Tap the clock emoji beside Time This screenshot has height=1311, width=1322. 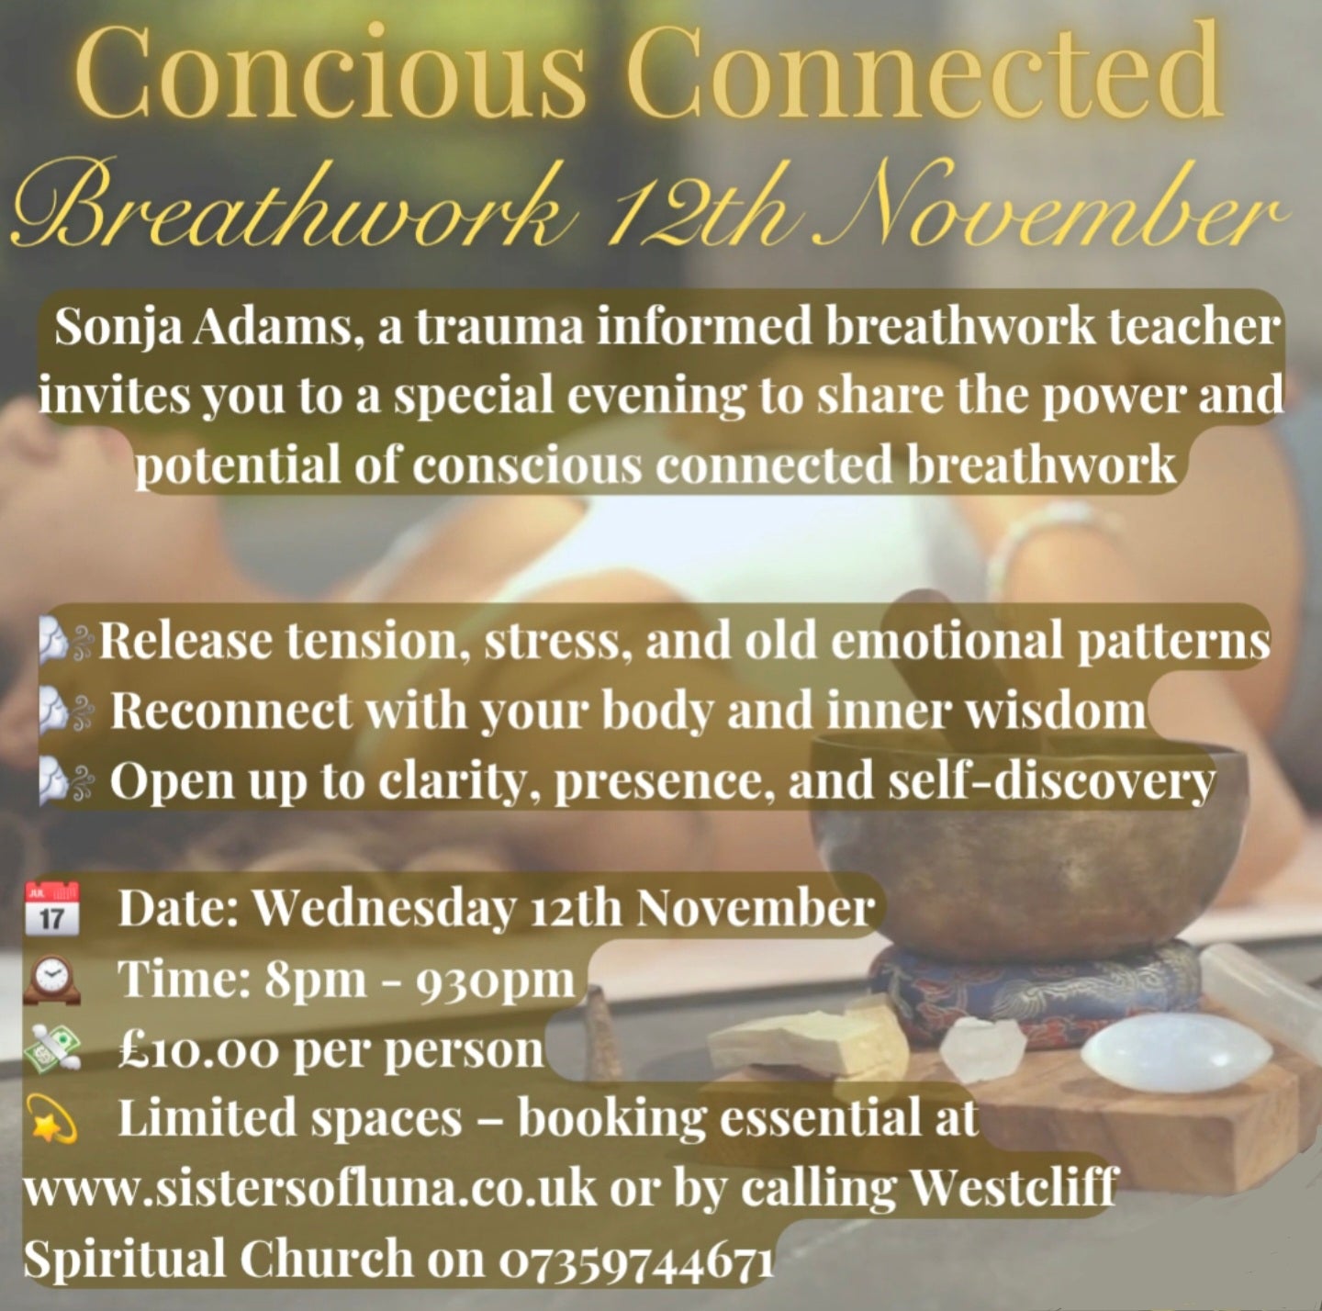click(51, 979)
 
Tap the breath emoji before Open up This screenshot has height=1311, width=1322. click(64, 782)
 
